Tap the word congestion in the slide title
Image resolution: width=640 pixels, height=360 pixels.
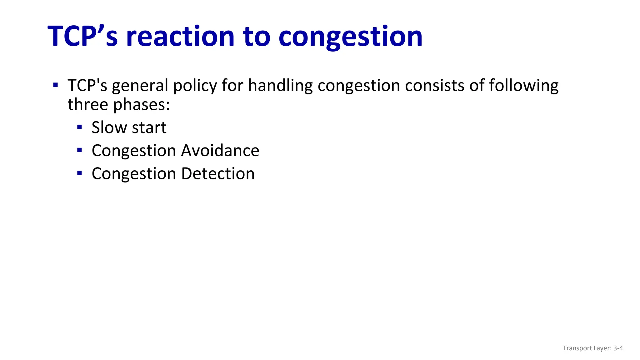coord(350,37)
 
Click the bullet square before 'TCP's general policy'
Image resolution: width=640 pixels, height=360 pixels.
coord(56,85)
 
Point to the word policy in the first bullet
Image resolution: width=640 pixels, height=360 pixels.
coord(195,86)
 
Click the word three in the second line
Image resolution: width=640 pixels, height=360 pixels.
coord(88,104)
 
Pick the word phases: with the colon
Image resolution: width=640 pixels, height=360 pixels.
coord(141,105)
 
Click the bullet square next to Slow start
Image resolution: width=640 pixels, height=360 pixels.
coord(79,127)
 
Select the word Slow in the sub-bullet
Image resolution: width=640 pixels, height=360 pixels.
coord(109,127)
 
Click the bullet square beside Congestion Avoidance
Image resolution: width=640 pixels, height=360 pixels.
coord(79,150)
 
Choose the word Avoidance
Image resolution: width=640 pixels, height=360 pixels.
coord(220,151)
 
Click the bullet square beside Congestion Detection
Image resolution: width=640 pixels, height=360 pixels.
coord(79,173)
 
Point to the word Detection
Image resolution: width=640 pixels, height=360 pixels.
coord(218,173)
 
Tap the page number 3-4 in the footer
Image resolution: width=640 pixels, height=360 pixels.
coord(618,348)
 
